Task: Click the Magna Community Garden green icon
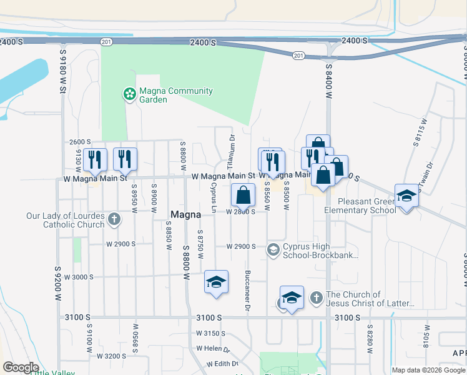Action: (129, 94)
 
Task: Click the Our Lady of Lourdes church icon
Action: (114, 219)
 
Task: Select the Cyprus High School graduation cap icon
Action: (273, 250)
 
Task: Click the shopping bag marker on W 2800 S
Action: (243, 195)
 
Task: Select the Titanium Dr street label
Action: (231, 152)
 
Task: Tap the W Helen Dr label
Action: (213, 348)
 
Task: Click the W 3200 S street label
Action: (111, 356)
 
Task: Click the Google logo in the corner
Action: (21, 367)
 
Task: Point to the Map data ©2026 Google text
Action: (428, 370)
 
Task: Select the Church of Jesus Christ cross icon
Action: (317, 298)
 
